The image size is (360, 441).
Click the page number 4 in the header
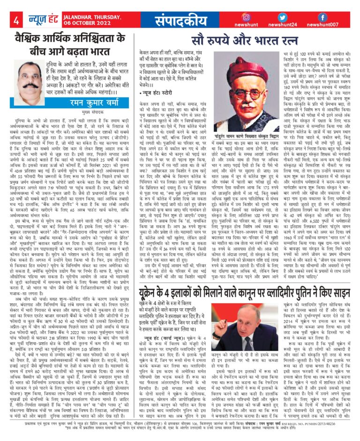16,21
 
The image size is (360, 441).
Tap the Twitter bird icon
282,16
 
